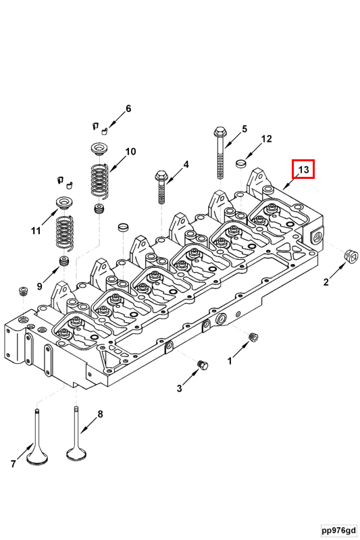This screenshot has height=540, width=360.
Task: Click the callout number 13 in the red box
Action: (304, 170)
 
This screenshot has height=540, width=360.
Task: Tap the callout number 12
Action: (267, 139)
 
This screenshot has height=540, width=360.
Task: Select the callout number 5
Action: (244, 129)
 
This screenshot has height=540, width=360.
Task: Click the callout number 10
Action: (130, 151)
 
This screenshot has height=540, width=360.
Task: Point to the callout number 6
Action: (128, 109)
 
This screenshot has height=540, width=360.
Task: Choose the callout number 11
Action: (35, 231)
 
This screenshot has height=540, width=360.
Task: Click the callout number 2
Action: (326, 282)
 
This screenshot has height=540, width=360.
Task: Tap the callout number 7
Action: (13, 463)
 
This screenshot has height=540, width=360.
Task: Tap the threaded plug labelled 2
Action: (350, 256)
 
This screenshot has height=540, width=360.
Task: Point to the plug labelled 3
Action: (201, 365)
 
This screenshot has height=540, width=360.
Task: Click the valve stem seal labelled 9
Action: (65, 261)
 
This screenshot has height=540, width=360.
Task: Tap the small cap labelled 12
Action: (240, 163)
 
